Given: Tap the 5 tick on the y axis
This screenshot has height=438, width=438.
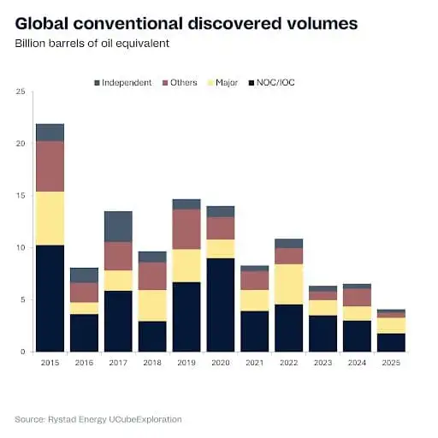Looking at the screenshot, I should click(x=21, y=299).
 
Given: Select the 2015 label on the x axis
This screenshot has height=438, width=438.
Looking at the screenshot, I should click(x=50, y=363).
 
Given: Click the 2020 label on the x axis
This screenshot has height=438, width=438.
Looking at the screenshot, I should click(x=221, y=363).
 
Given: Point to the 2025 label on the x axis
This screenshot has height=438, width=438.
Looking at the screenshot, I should click(x=391, y=363).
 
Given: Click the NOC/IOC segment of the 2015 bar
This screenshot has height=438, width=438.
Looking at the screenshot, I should click(x=50, y=298).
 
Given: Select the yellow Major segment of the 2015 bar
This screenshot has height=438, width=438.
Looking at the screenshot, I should click(x=50, y=218).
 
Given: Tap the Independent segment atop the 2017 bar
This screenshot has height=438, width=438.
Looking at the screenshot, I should click(x=118, y=227).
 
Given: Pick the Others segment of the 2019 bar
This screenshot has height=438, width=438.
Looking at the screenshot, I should click(x=186, y=229).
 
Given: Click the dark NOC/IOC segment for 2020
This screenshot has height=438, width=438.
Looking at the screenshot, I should click(x=221, y=305).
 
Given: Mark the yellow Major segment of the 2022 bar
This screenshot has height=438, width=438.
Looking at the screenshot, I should click(x=289, y=284).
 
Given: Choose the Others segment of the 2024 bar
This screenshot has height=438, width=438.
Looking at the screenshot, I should click(x=357, y=297).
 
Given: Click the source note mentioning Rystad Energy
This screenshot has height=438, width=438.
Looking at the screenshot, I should click(x=98, y=419).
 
